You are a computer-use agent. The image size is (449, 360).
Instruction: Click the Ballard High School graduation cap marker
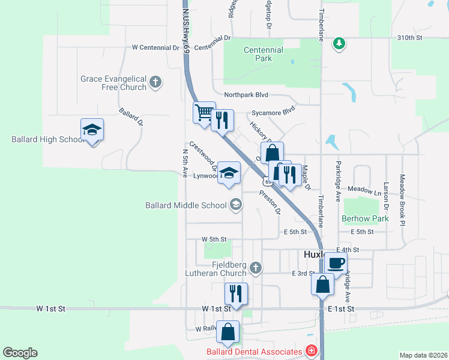coord(92,130)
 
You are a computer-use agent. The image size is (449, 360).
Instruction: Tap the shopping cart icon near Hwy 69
coord(204,112)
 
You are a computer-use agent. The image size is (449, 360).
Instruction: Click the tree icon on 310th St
coord(339,43)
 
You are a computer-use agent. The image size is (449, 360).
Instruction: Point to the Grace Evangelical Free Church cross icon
coord(155,82)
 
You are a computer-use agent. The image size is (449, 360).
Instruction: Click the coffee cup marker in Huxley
coord(336,262)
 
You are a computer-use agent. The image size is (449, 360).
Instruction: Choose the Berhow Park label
coord(365,218)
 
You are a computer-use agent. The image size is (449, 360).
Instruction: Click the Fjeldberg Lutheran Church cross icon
coord(256,268)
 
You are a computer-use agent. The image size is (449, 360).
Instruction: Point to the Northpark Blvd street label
coord(246,95)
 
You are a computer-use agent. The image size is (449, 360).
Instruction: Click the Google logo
coord(20,353)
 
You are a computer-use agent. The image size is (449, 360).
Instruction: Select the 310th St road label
coord(410,37)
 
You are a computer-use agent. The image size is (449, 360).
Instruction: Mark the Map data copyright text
coord(423,355)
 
